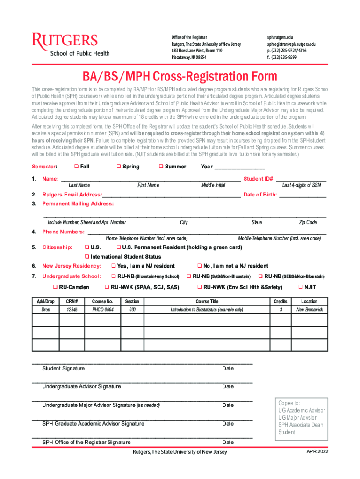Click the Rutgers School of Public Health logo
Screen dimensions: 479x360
pyautogui.click(x=71, y=44)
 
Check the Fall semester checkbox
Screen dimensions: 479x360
pyautogui.click(x=76, y=167)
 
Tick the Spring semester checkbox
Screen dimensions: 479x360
pyautogui.click(x=119, y=167)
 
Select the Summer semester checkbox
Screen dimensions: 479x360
pyautogui.click(x=161, y=167)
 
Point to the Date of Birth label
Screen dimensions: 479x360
pyautogui.click(x=260, y=195)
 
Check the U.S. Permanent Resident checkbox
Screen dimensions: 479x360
pyautogui.click(x=119, y=247)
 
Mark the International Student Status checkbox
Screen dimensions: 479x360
pyautogui.click(x=86, y=256)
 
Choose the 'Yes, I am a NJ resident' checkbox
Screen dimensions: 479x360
pyautogui.click(x=113, y=266)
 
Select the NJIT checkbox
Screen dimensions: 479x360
pyautogui.click(x=301, y=287)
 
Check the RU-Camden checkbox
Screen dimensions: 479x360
pyautogui.click(x=55, y=287)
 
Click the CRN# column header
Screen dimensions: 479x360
pyautogui.click(x=72, y=302)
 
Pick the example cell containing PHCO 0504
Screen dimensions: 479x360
pyautogui.click(x=103, y=310)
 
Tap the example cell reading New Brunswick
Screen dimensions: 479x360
pyautogui.click(x=309, y=310)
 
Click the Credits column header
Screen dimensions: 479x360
pyautogui.click(x=280, y=302)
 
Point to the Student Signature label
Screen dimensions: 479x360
pyautogui.click(x=64, y=369)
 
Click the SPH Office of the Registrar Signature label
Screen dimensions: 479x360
pyautogui.click(x=86, y=442)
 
